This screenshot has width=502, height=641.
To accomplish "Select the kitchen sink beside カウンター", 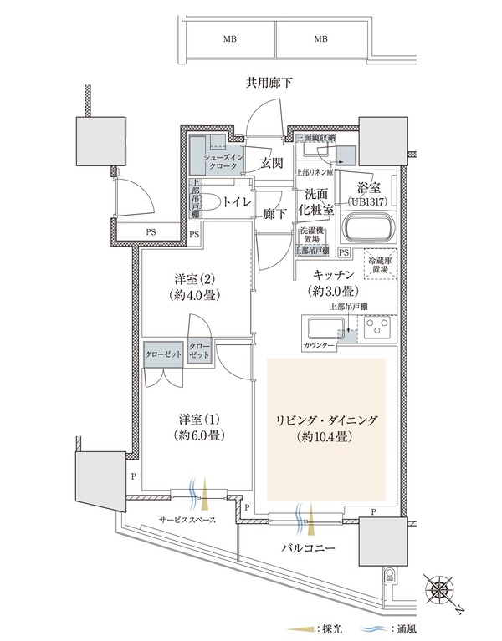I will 322,328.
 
